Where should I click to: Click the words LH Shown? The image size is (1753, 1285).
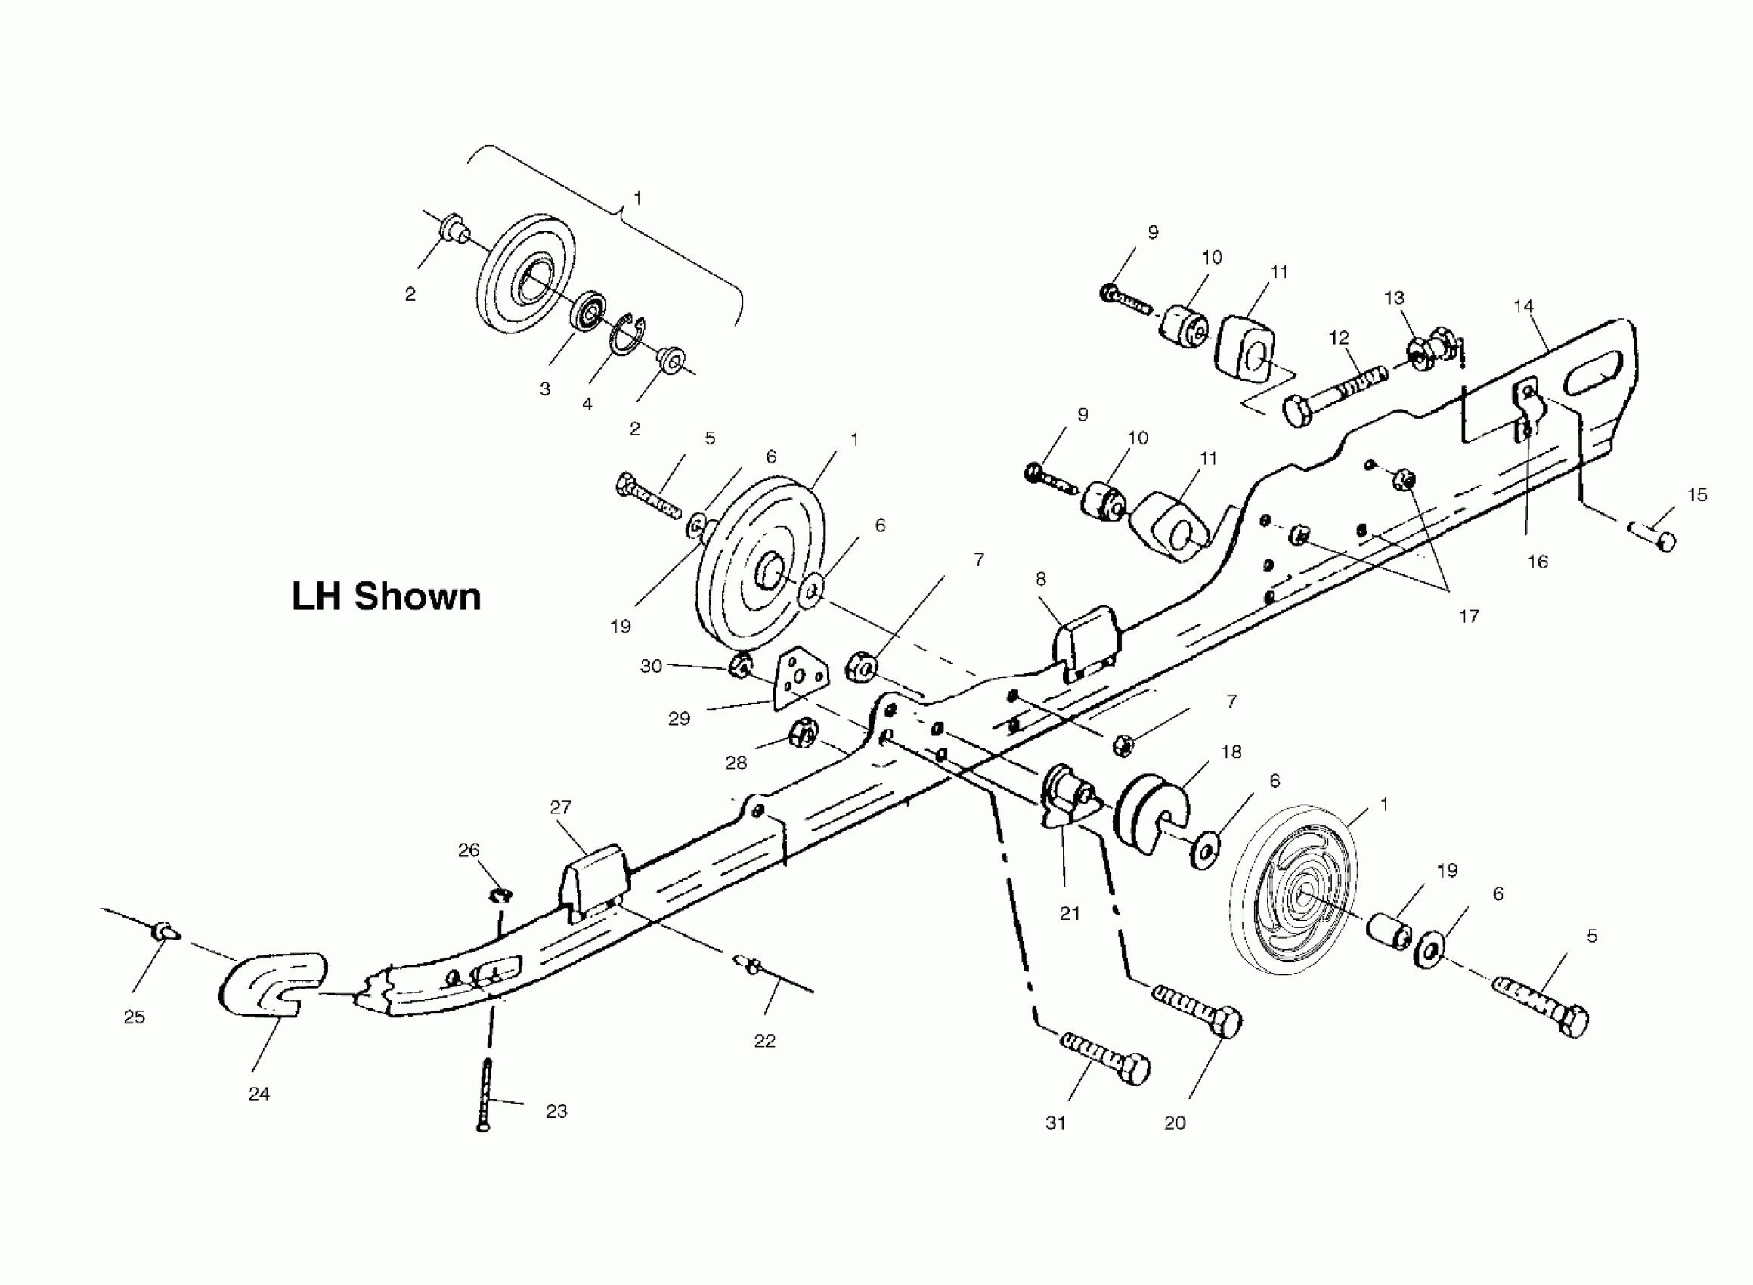coord(386,596)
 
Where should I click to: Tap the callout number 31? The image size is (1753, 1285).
coord(1055,1122)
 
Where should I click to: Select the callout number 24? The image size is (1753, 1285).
coord(259,1094)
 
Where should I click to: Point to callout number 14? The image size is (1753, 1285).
coord(1523,306)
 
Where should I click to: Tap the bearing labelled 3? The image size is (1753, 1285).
coord(590,311)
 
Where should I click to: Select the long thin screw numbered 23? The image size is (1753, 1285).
coord(486,1096)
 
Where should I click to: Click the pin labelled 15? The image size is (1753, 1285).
coord(1653,537)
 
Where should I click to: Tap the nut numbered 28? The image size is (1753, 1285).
coord(803,732)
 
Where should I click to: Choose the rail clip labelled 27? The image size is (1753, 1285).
coord(594,881)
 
